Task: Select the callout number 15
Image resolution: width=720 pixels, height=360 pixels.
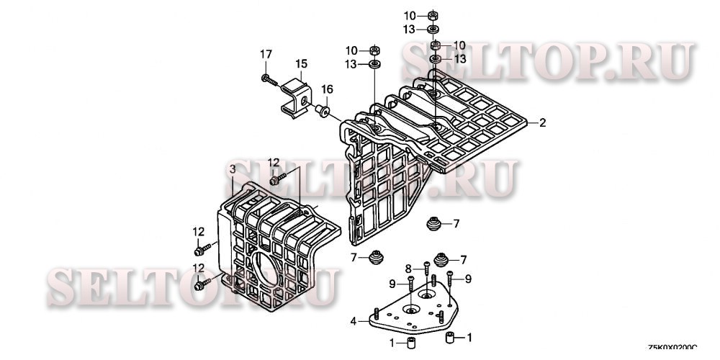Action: pos(301,63)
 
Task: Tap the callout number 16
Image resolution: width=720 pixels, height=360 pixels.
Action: pos(328,89)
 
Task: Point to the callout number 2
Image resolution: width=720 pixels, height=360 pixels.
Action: pos(542,123)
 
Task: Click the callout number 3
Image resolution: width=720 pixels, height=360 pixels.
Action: pos(232,168)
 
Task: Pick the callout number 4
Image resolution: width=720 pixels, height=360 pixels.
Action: pos(354,321)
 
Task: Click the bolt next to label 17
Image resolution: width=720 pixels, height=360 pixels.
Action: pos(269,78)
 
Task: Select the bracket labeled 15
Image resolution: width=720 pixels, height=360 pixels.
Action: pos(297,96)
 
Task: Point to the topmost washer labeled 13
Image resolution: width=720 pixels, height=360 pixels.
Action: pos(434,30)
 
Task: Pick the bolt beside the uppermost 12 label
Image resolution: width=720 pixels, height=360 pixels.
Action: pos(279,176)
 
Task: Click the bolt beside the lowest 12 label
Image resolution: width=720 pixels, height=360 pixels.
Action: pos(202,282)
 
